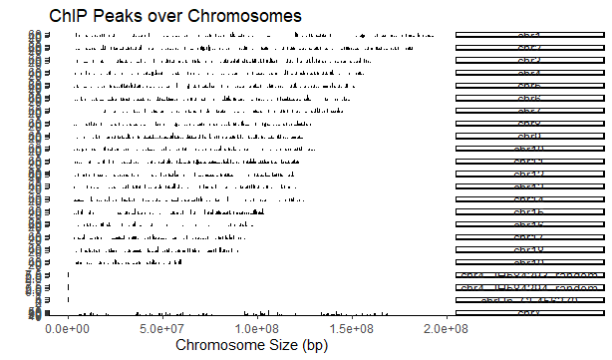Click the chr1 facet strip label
pos(530,36)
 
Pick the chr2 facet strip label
pos(530,48)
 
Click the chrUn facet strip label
pos(530,301)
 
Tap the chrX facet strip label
pos(530,313)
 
